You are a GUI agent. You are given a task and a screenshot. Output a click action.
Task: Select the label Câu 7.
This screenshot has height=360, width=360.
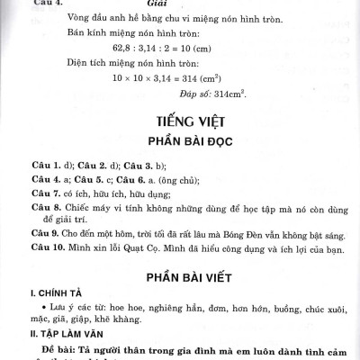[44, 193]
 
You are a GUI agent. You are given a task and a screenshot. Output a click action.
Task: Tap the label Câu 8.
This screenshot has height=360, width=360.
[44, 206]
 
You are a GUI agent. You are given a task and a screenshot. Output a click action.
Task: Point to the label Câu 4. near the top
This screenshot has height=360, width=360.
[47, 3]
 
